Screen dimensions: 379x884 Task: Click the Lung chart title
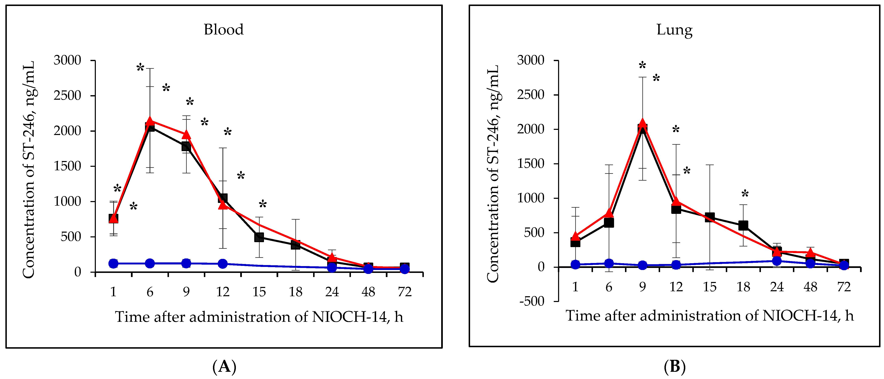pyautogui.click(x=674, y=30)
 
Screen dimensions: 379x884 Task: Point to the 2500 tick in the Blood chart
pyautogui.click(x=67, y=95)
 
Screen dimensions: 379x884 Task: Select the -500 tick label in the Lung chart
pyautogui.click(x=532, y=301)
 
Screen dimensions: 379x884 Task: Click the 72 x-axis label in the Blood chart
pyautogui.click(x=405, y=292)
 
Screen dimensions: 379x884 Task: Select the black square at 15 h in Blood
pyautogui.click(x=259, y=237)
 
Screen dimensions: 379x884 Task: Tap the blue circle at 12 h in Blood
pyautogui.click(x=223, y=264)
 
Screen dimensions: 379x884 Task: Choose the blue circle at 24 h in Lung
pyautogui.click(x=777, y=261)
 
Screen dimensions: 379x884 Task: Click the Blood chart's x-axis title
pyautogui.click(x=259, y=317)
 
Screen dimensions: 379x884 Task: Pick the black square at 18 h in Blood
pyautogui.click(x=296, y=245)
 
